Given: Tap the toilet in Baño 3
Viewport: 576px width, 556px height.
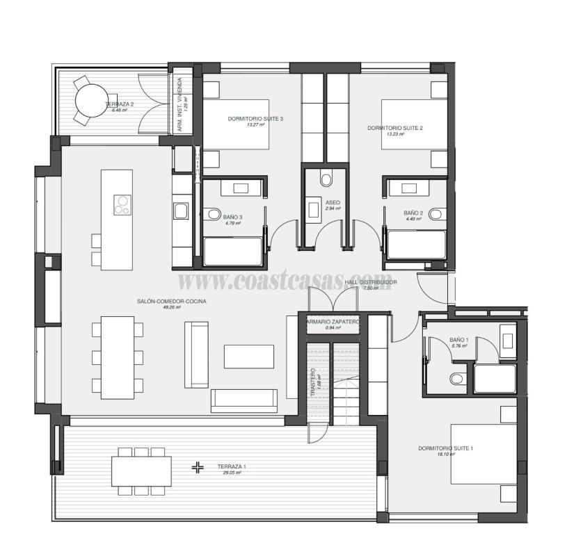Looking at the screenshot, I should pos(213,214).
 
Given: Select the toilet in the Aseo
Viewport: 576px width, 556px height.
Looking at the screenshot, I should pos(326,179).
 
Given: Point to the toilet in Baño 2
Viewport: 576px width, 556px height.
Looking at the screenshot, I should pos(435,214).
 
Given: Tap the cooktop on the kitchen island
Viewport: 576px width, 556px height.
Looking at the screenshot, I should pos(122,204).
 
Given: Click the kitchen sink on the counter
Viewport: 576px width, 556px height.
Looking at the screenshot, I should pos(181,211).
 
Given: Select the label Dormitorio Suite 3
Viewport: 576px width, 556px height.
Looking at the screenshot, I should pos(255,119).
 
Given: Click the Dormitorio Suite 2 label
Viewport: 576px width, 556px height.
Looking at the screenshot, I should pos(395,128).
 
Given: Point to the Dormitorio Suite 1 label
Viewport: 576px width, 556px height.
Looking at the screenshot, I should pos(446,448).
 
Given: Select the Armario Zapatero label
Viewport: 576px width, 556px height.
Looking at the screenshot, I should pos(333,322).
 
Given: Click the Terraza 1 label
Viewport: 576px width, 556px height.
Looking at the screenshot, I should pos(232,466).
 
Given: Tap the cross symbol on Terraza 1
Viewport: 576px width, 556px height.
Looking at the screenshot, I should pos(198,468).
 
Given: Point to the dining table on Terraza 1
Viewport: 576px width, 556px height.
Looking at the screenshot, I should pos(143,471).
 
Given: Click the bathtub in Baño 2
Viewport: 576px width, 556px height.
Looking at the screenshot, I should pos(417,245).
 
